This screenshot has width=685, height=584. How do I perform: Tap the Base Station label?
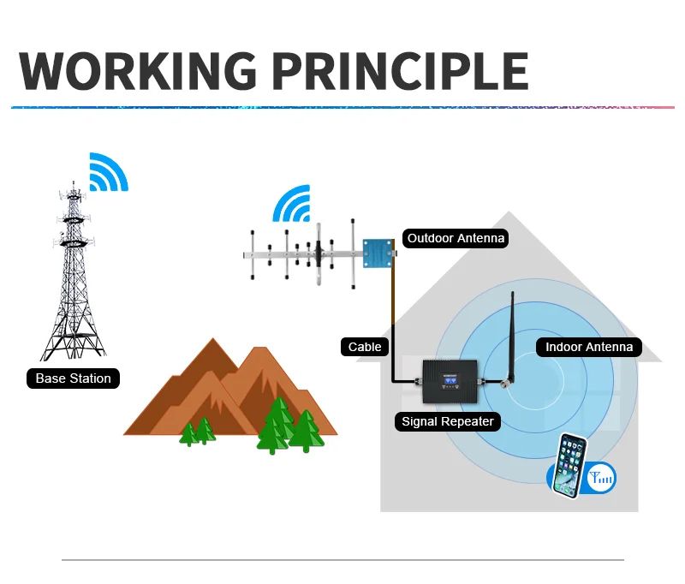(x=73, y=378)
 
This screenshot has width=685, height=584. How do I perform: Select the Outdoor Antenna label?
(x=456, y=238)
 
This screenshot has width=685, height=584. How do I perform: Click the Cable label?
(x=365, y=347)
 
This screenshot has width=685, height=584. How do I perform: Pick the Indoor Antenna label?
(x=588, y=347)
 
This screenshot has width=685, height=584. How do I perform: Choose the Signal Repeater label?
(x=449, y=421)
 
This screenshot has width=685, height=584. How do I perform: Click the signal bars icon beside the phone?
(x=601, y=479)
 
